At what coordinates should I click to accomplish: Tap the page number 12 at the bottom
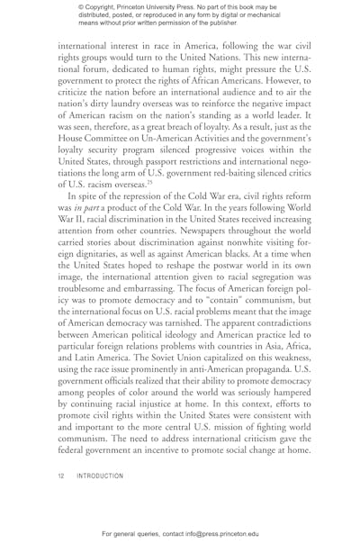60,494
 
